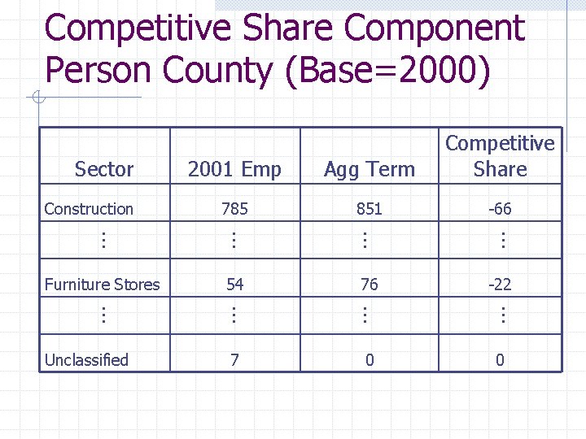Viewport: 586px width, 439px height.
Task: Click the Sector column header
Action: coord(104,169)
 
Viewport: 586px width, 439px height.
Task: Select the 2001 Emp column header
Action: coord(234,169)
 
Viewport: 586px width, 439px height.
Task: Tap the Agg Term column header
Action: coord(370,169)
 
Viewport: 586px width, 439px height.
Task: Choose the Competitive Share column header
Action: coord(500,156)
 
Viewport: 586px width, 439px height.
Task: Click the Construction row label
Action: coord(89,209)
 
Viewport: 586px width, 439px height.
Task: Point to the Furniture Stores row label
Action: coord(102,285)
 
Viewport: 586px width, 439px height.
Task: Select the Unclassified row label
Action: coord(86,359)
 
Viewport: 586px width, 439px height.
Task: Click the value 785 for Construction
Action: coord(234,209)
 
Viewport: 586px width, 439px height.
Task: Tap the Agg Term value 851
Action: coord(370,209)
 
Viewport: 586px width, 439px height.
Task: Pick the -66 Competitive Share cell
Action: coord(500,209)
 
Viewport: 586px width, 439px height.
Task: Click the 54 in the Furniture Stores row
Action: coord(234,285)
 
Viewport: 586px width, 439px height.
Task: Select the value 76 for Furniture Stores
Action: coord(370,285)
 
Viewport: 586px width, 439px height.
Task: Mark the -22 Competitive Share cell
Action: coord(500,285)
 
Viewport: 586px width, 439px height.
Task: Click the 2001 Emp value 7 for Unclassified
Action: coord(234,359)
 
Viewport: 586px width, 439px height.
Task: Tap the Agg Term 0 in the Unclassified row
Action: coord(370,359)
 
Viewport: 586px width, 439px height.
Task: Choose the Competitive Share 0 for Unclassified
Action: coord(500,359)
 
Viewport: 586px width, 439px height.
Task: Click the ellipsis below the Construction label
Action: coord(103,240)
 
